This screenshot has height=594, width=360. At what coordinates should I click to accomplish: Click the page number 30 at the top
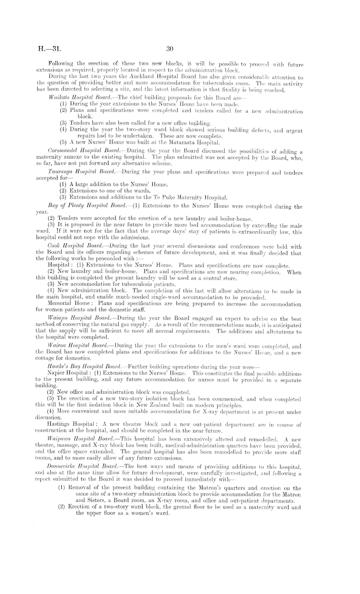click(x=170, y=49)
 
